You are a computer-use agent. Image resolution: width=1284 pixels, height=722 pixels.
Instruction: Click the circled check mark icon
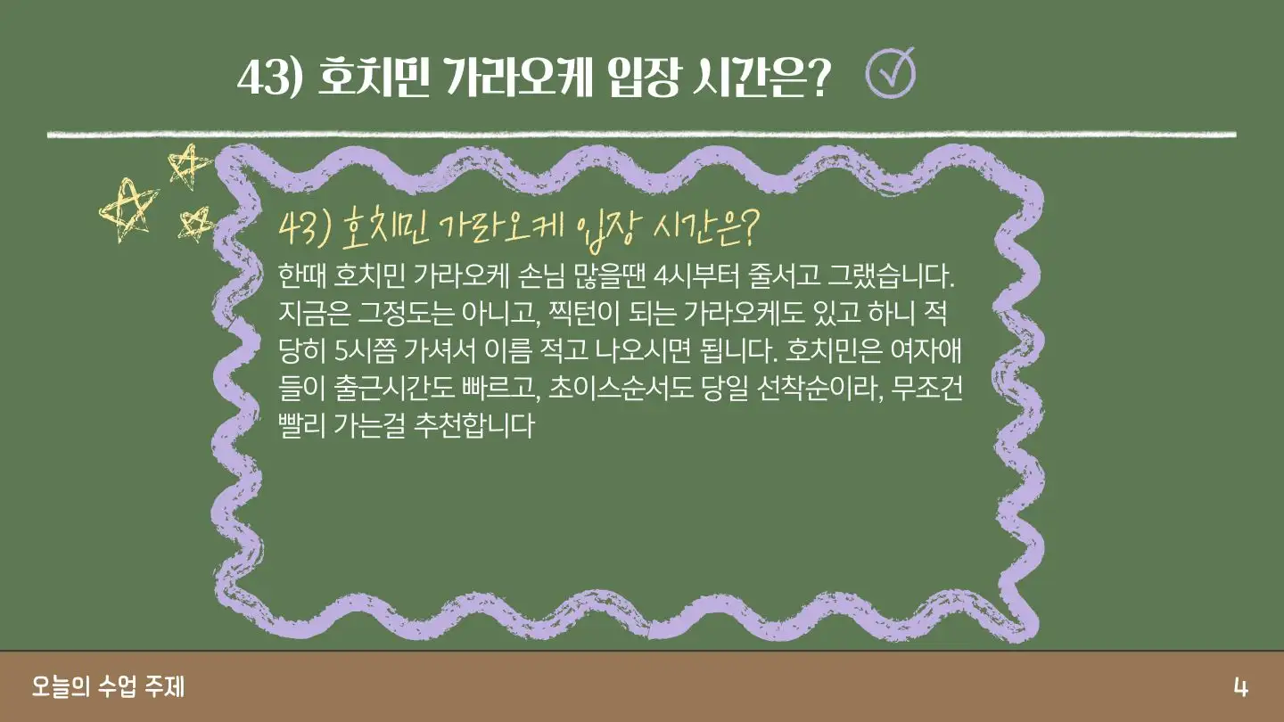[890, 74]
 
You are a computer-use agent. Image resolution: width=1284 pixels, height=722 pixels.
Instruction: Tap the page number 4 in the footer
[1240, 687]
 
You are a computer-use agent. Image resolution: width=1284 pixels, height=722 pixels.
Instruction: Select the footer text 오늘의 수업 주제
[109, 686]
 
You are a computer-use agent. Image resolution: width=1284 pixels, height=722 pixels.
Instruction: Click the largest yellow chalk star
[128, 209]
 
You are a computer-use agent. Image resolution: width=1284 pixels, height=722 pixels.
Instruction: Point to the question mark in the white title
[817, 78]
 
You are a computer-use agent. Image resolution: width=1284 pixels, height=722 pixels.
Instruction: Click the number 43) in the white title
[269, 78]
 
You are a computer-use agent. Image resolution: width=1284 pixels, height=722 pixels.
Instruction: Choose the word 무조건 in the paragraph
[927, 388]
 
